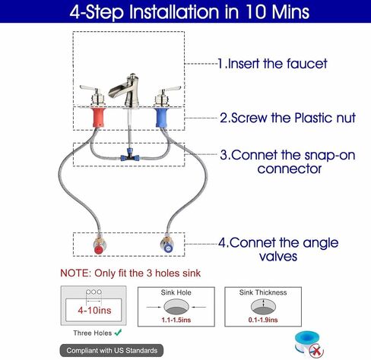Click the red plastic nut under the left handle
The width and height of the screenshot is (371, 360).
pyautogui.click(x=99, y=118)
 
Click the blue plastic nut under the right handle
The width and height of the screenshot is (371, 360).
pyautogui.click(x=162, y=118)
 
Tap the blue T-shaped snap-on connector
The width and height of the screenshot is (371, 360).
pyautogui.click(x=130, y=156)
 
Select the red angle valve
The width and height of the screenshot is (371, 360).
pyautogui.click(x=99, y=246)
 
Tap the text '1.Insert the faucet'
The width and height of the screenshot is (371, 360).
pyautogui.click(x=273, y=64)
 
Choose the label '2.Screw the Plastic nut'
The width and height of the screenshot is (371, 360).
pyautogui.click(x=287, y=118)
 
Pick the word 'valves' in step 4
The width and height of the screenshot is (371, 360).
pyautogui.click(x=278, y=256)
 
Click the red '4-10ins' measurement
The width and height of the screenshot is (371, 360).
pyautogui.click(x=94, y=310)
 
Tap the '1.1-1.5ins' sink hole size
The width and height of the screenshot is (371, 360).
pyautogui.click(x=176, y=320)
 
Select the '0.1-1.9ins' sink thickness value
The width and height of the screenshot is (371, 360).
pyautogui.click(x=263, y=320)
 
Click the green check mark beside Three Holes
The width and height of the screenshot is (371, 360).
pyautogui.click(x=118, y=333)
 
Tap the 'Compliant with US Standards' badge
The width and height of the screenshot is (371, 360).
pyautogui.click(x=112, y=351)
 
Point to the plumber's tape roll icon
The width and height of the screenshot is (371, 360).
pyautogui.click(x=309, y=344)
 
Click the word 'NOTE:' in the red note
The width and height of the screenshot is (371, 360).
pyautogui.click(x=75, y=273)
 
